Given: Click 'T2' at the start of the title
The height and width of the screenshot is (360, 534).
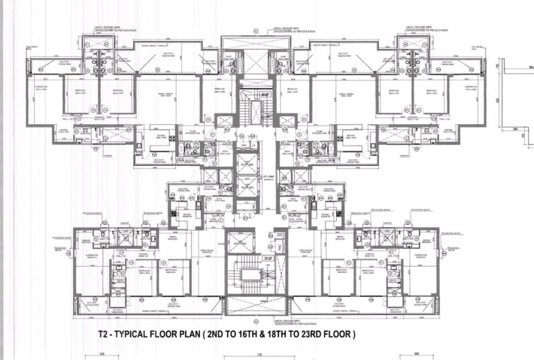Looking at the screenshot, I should (106, 334).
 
